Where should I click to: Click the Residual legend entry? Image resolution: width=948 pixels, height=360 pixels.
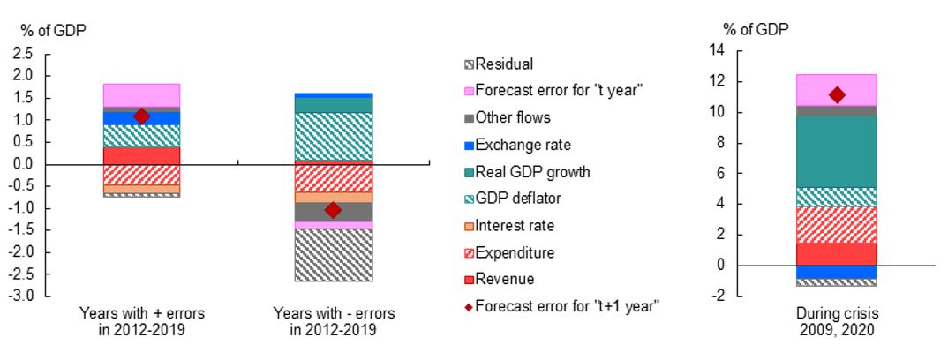(x=503, y=64)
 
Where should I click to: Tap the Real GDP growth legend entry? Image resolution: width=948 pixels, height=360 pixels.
(x=525, y=172)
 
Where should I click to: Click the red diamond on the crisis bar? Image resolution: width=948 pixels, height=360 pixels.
(x=837, y=95)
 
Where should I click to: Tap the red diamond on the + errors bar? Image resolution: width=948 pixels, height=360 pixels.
(x=141, y=116)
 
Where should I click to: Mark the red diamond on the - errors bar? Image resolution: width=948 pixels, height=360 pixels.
(x=333, y=210)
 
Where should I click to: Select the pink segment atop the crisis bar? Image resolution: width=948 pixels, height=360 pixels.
(x=837, y=89)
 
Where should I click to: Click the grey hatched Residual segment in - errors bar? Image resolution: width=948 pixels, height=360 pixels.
(x=333, y=255)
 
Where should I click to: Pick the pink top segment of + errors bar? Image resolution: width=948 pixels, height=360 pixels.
(x=141, y=94)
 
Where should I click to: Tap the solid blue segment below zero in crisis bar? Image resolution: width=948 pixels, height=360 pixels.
(x=837, y=272)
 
